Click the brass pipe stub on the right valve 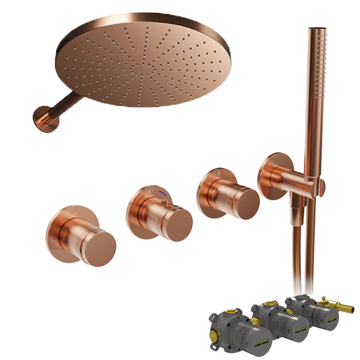(x=346, y=307)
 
